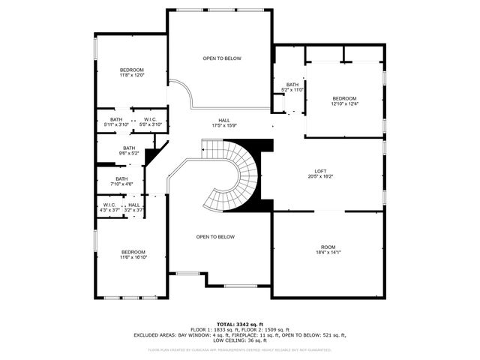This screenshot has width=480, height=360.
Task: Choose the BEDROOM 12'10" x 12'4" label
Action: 344,100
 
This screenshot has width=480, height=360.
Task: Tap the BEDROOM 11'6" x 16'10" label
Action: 133,254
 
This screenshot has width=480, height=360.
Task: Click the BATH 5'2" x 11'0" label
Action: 292,87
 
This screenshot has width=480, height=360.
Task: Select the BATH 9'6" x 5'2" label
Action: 129,150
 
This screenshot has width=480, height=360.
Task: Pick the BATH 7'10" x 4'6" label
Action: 121,181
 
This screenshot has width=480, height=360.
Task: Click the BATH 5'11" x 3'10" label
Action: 116,121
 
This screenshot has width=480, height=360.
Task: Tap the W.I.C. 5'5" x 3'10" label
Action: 150,121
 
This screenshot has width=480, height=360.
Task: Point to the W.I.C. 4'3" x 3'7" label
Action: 109,208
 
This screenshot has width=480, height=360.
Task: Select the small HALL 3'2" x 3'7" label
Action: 133,208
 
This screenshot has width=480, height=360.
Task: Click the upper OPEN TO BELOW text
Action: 222,58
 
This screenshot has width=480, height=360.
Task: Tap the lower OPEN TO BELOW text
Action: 215,237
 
